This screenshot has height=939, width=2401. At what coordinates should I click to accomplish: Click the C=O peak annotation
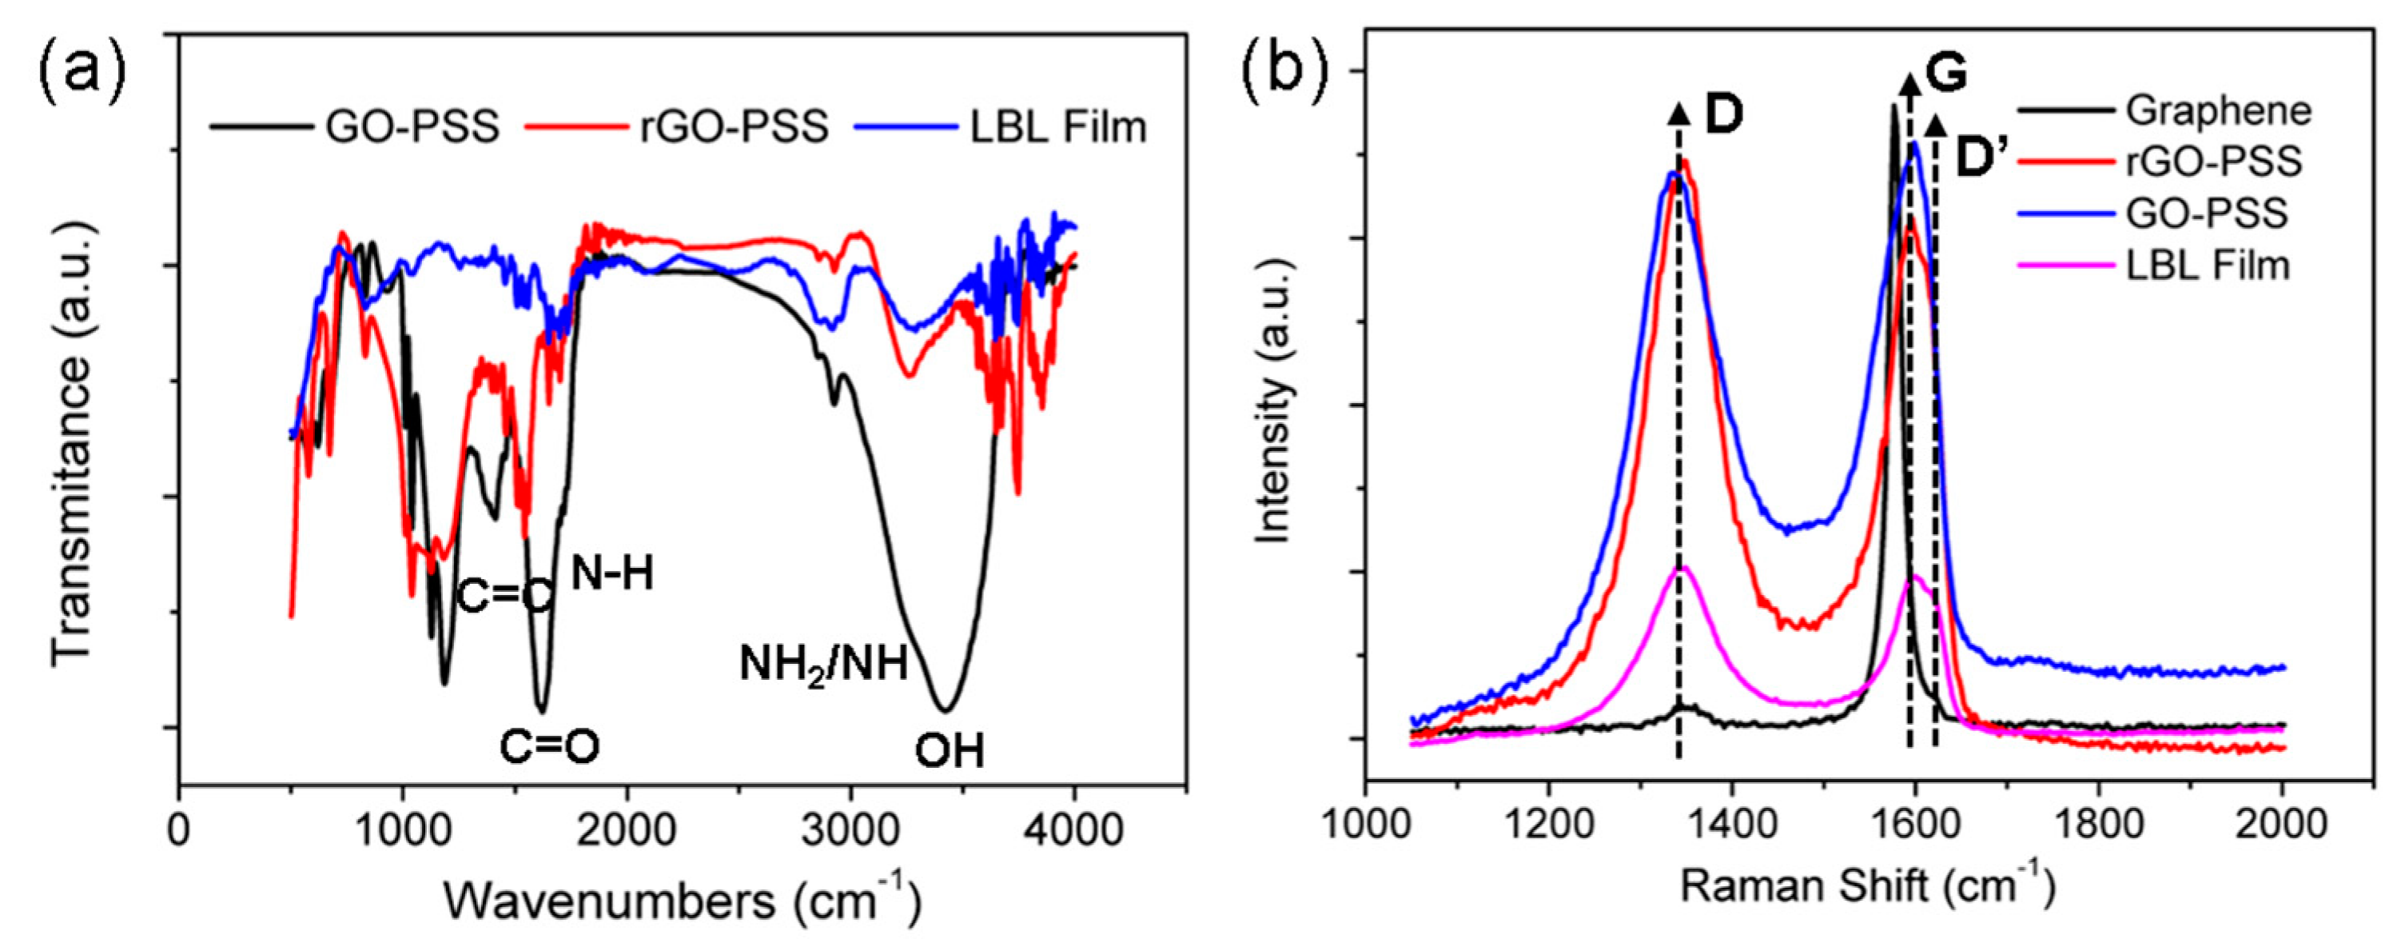pyautogui.click(x=550, y=747)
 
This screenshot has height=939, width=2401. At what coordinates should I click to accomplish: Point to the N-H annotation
pyautogui.click(x=612, y=574)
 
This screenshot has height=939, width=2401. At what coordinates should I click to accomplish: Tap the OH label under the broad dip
pyautogui.click(x=949, y=751)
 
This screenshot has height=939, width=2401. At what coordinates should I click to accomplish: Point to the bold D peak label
pyautogui.click(x=1724, y=141)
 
